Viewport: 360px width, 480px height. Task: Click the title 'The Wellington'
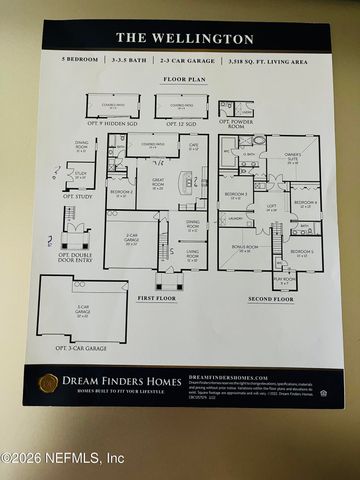(185, 38)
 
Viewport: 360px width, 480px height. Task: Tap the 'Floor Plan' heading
(185, 77)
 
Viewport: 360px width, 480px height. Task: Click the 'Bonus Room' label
(245, 247)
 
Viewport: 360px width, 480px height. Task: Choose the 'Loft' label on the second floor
(271, 209)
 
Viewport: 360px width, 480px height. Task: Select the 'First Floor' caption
(158, 297)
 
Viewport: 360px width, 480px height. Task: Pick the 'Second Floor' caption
(270, 298)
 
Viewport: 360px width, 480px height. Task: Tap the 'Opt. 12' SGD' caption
(180, 123)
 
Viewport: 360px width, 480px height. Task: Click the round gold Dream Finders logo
(48, 383)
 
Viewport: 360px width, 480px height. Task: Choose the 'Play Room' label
(285, 279)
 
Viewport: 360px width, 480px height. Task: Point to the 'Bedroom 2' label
(120, 192)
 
